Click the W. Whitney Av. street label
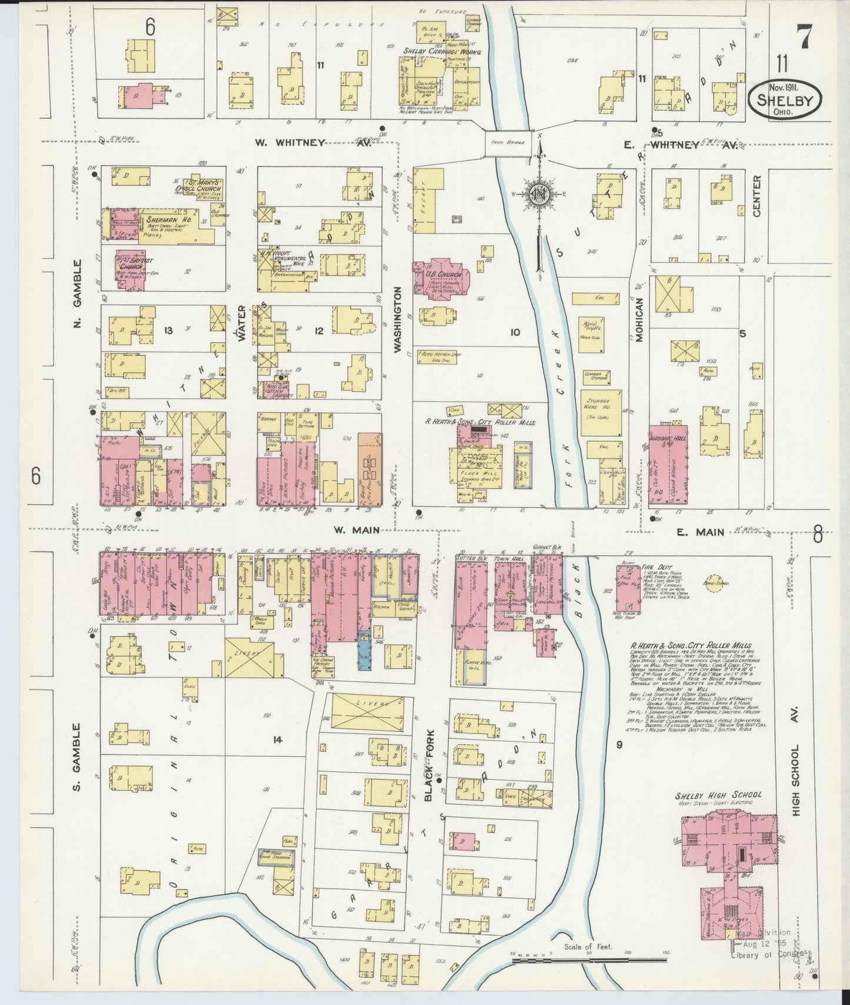pyautogui.click(x=313, y=142)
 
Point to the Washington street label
pyautogui.click(x=398, y=319)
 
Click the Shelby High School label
pyautogui.click(x=718, y=795)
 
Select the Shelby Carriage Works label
pyautogui.click(x=441, y=52)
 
